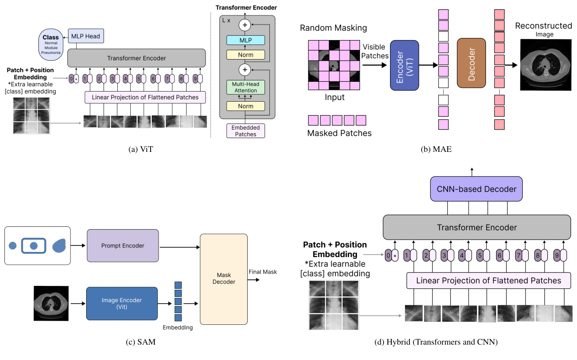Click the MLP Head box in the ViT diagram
coord(86,36)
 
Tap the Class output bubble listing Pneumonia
coord(51,45)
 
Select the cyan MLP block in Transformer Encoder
coord(246,40)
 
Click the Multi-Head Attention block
coord(246,87)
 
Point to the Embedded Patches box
coord(246,131)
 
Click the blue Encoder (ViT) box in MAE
coord(404,65)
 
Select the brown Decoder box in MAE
coord(471,63)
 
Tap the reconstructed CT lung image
coord(545,65)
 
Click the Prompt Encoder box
coord(123,246)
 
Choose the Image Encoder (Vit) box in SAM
coord(122,303)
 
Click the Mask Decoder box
coord(224,279)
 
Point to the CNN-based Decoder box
coord(476,189)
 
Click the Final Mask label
coord(263,272)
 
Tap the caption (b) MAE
coord(436,149)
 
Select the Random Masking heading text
coord(333,28)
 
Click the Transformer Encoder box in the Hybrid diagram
coord(477,228)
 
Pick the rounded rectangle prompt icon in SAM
coord(34,246)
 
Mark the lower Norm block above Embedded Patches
coord(246,106)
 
